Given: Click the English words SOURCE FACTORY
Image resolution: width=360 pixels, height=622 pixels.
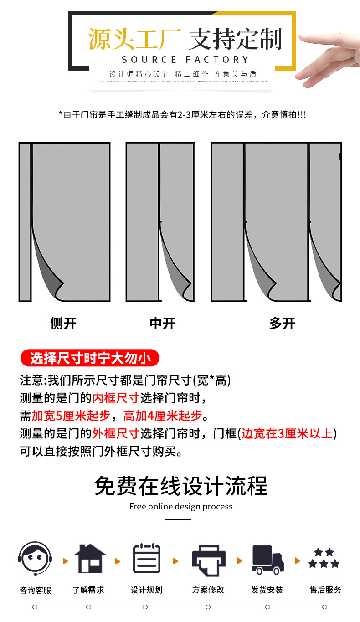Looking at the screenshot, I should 185,60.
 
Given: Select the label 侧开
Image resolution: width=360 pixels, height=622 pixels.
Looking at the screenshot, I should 63,324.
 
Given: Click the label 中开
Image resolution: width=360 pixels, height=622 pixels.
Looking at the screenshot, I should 162,324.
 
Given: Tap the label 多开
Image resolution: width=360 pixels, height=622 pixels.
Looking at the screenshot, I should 282,324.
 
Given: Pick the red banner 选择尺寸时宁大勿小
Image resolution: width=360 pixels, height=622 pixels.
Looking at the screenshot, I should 90,358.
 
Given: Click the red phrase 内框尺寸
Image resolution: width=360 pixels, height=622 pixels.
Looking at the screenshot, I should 116,398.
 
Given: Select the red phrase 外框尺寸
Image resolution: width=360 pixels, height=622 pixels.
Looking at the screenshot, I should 116,433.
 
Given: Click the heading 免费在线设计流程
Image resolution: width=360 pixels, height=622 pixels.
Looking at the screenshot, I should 181,486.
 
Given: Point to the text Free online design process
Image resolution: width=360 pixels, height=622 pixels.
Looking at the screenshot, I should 181,507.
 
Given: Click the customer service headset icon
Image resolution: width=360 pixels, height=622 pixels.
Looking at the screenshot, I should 35,559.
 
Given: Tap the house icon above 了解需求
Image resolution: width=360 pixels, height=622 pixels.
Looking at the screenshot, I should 90,559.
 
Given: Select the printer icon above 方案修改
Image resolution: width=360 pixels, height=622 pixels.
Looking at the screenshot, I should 208,560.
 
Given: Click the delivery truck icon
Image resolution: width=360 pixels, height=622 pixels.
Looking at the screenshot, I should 267,560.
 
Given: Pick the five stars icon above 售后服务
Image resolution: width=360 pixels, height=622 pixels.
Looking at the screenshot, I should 324,559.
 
